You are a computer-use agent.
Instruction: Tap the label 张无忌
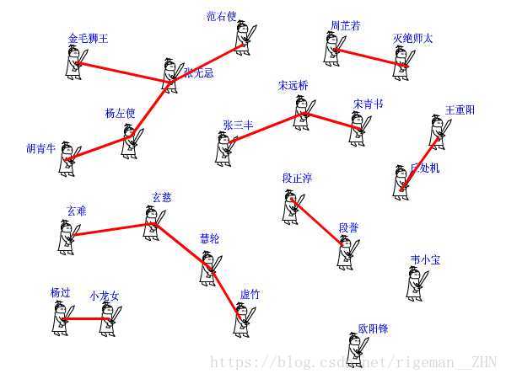[199, 73]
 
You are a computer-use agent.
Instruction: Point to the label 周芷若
[345, 26]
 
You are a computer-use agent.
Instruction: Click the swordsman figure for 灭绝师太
[402, 58]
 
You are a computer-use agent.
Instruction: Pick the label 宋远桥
[293, 86]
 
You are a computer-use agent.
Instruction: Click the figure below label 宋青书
[358, 127]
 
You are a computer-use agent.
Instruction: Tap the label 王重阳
[460, 110]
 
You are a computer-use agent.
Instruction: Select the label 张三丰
[238, 125]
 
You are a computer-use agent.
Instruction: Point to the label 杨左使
[120, 114]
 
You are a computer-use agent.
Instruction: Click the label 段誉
[348, 227]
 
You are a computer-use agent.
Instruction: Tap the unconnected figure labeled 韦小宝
[415, 282]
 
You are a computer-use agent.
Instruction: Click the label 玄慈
[161, 197]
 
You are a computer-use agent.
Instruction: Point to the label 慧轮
[209, 238]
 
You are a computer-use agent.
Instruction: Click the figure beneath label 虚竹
[244, 318]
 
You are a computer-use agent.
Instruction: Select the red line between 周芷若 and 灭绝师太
[371, 57]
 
